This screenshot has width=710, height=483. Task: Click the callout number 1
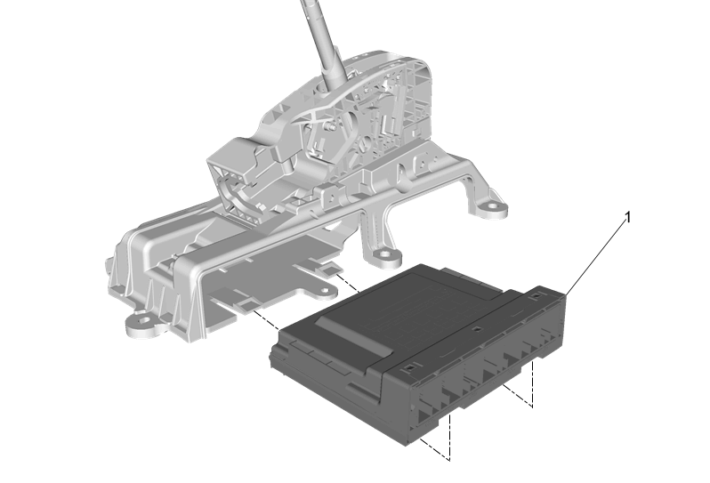pyautogui.click(x=627, y=217)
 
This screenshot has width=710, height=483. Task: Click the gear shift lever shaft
pyautogui.click(x=322, y=43)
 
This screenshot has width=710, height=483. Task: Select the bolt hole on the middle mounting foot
pyautogui.click(x=384, y=254)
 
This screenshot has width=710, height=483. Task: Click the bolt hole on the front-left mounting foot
pyautogui.click(x=144, y=321)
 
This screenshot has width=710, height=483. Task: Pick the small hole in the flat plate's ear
pyautogui.click(x=325, y=290)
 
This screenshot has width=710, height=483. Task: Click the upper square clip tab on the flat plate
pyautogui.click(x=330, y=270)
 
